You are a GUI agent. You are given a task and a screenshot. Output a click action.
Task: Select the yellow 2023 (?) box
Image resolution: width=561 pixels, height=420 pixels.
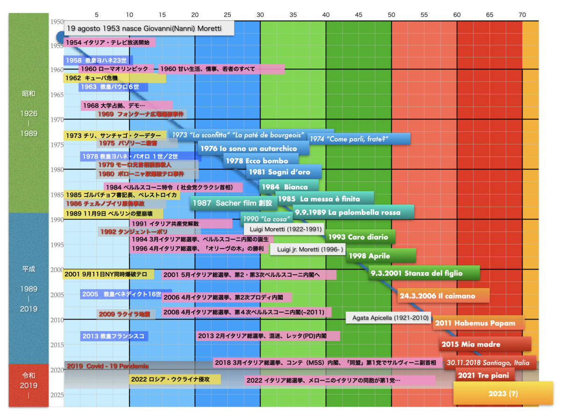tap(503, 393)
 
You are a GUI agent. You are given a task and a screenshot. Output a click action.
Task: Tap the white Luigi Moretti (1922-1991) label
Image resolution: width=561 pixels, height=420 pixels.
tap(283, 229)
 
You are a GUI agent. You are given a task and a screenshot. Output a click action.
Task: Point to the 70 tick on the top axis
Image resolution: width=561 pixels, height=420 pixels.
tap(522, 14)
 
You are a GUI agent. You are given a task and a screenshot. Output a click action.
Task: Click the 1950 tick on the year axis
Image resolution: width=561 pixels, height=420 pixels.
tap(57, 21)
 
